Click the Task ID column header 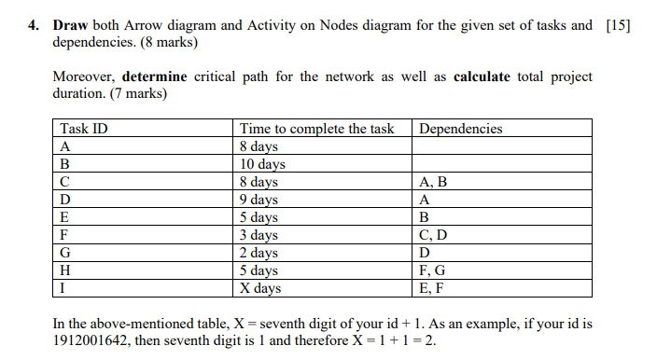tap(83, 129)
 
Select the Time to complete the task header tap(317, 129)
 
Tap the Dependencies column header tap(461, 129)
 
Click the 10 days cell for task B tap(263, 164)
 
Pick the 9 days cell tap(259, 200)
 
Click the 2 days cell tap(259, 253)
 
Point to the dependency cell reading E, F tap(437, 288)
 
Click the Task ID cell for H tap(65, 270)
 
